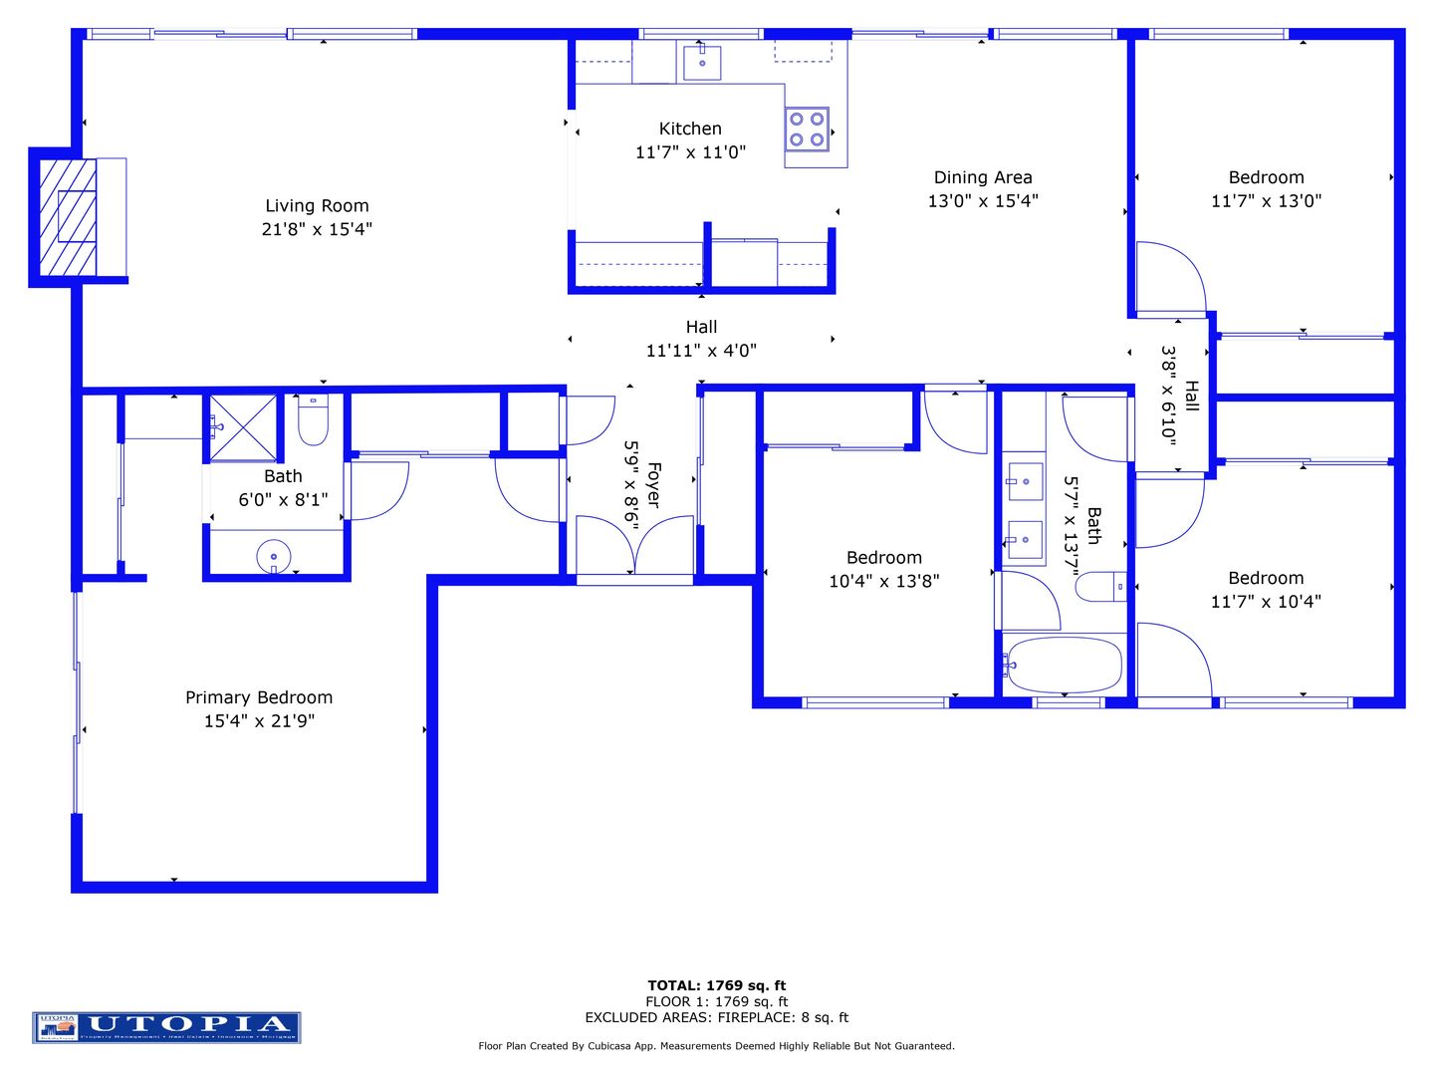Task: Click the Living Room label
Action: point(317,206)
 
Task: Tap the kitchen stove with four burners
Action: point(807,130)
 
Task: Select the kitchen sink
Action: point(702,62)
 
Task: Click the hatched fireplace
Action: point(69,216)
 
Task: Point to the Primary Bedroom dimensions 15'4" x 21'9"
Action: point(259,721)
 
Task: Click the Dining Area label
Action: point(983,177)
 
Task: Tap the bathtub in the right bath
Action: point(1063,665)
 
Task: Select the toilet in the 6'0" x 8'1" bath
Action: point(313,421)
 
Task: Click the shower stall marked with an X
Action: point(242,427)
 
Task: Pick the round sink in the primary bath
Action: point(273,555)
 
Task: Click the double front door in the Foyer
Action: point(634,545)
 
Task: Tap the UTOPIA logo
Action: point(166,1027)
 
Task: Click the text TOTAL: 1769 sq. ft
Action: point(717,985)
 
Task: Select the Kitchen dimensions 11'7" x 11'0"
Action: point(690,152)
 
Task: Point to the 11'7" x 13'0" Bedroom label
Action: point(1266,177)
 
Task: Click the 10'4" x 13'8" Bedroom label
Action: point(883,558)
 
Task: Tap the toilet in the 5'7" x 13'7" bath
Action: point(1100,587)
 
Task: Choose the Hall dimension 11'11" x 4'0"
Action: point(701,351)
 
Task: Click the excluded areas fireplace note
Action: point(717,1017)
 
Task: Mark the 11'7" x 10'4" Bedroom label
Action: point(1266,578)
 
